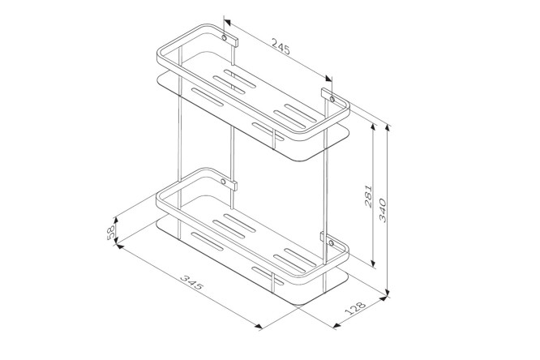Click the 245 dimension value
click(x=281, y=46)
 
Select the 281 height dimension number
click(x=368, y=196)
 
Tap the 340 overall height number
click(x=383, y=210)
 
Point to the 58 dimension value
click(x=110, y=234)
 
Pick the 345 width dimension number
click(x=192, y=282)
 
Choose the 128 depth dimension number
click(x=354, y=308)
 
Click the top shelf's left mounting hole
click(x=225, y=37)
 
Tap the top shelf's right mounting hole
click(x=332, y=100)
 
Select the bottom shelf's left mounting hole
click(x=223, y=182)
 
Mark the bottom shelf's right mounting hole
click(x=331, y=243)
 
